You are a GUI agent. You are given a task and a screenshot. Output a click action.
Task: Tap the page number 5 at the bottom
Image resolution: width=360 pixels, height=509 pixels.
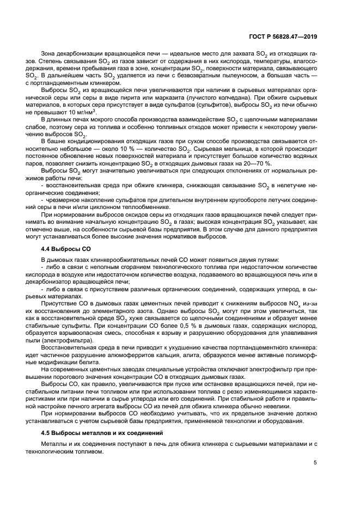pos(315,463)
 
